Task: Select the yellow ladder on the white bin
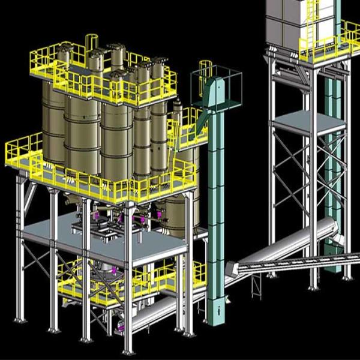310,21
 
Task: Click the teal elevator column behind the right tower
329,150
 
